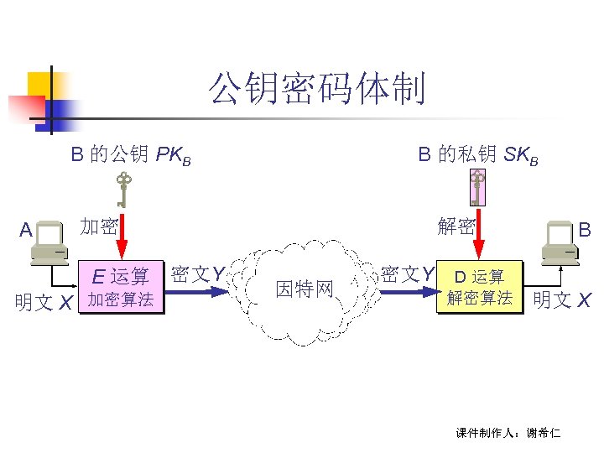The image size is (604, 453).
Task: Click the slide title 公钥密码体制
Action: (x=317, y=90)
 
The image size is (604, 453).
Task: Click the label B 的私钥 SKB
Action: (x=477, y=154)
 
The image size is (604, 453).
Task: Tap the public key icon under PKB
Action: (x=123, y=190)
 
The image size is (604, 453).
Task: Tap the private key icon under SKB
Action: (x=477, y=190)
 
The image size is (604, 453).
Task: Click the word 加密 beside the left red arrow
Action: (x=98, y=226)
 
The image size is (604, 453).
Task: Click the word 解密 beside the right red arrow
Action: (x=456, y=226)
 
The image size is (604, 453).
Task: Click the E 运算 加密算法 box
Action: (x=122, y=288)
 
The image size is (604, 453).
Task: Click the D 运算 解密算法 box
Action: (x=479, y=288)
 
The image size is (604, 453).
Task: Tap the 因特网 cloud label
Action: (x=305, y=289)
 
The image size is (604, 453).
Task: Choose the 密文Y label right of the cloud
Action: (x=408, y=273)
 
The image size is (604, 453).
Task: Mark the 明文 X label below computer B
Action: (x=562, y=299)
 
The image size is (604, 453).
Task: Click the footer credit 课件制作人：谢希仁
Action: (x=508, y=433)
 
